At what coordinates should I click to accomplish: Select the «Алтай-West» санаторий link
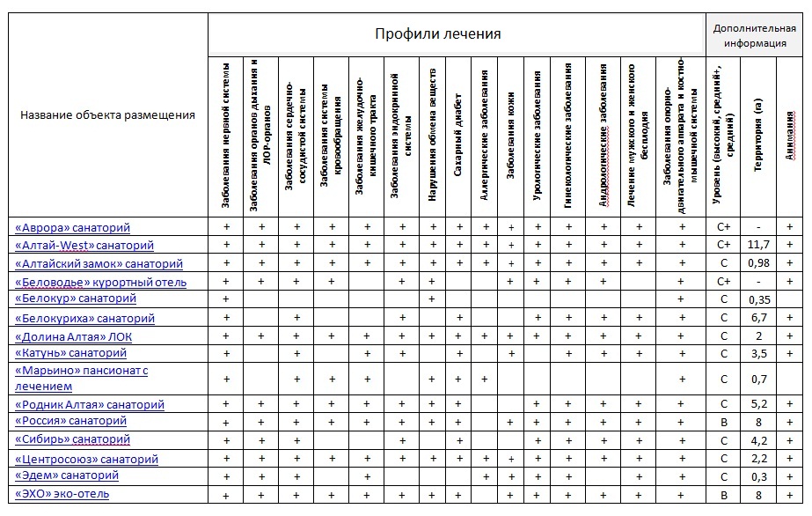(x=84, y=246)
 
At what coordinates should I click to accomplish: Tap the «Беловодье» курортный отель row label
(x=101, y=282)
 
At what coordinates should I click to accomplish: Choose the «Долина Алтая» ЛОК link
(x=74, y=336)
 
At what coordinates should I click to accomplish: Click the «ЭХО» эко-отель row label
(x=62, y=494)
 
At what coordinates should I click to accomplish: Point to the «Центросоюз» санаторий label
(x=86, y=460)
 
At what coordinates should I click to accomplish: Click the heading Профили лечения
(x=437, y=34)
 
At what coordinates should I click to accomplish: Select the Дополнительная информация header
(x=754, y=34)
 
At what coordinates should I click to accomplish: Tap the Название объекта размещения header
(x=107, y=114)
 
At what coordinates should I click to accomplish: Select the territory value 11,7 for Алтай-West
(x=757, y=245)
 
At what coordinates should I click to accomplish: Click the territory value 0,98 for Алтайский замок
(x=757, y=263)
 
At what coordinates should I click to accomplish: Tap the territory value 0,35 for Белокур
(x=757, y=299)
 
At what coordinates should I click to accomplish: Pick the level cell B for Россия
(x=724, y=423)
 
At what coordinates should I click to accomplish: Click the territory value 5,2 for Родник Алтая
(x=757, y=405)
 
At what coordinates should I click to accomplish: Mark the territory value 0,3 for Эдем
(x=757, y=476)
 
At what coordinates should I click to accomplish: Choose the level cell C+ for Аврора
(x=724, y=227)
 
